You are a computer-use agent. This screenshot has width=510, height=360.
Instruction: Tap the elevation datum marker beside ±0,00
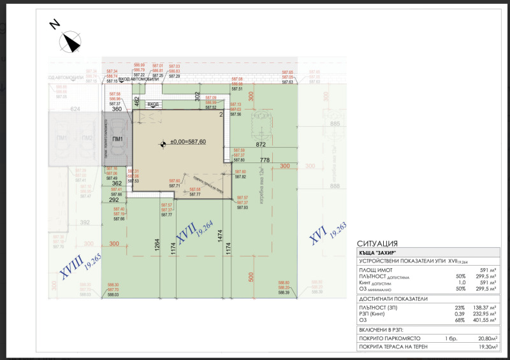coord(162,145)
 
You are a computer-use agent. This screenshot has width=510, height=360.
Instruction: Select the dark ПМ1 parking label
coord(117,139)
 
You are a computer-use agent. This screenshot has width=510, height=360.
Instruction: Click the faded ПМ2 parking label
coord(87,138)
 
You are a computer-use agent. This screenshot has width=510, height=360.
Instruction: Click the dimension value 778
coord(265,159)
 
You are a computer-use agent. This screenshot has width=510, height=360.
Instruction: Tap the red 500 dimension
coord(251,277)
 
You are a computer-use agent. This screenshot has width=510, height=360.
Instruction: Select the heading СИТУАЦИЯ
coord(378,243)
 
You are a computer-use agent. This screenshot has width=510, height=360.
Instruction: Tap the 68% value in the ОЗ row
coord(443,320)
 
